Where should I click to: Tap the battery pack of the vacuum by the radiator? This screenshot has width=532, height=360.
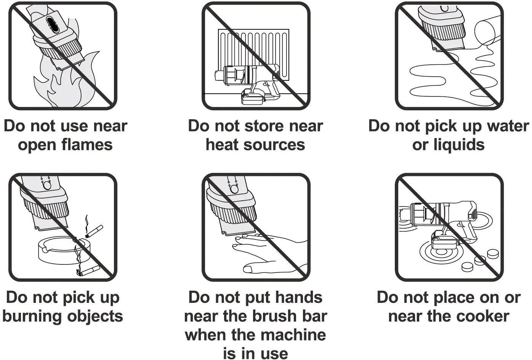click(x=252, y=98)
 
